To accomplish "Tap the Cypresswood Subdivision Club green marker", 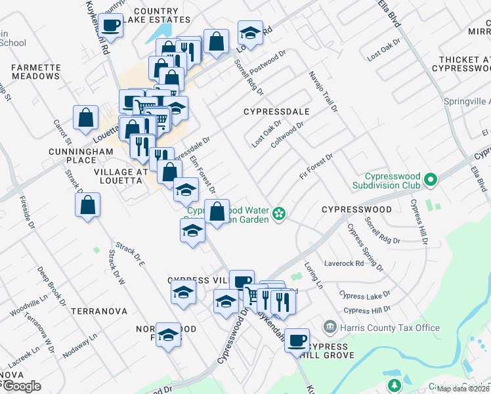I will [x=431, y=179].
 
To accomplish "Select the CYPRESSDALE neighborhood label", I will [x=276, y=112].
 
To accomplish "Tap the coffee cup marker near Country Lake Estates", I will [x=110, y=26].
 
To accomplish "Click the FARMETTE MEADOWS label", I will [x=35, y=72].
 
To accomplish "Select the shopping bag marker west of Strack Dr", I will [x=87, y=206].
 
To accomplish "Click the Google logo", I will [x=21, y=386].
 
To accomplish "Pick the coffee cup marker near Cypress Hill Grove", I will [x=297, y=339].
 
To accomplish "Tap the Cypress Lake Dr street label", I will [x=364, y=294].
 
